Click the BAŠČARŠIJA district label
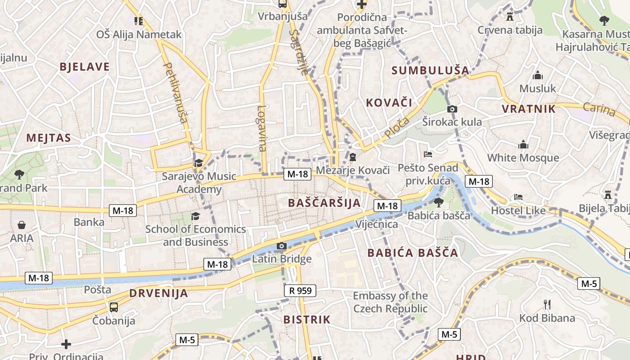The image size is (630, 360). tap(324, 203)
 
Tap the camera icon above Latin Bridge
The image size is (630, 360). tap(281, 246)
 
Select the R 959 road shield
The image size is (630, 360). tap(300, 291)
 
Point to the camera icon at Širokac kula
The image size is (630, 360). tap(452, 109)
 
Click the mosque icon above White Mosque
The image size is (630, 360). tap(523, 145)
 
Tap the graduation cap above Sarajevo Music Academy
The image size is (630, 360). tap(198, 163)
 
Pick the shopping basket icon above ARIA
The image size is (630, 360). tap(22, 225)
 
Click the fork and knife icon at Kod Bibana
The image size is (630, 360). tap(547, 305)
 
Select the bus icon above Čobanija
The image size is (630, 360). tap(114, 307)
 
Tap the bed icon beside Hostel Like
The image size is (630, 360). tap(518, 197)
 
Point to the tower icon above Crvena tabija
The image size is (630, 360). tap(510, 17)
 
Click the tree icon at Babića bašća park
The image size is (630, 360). tap(439, 202)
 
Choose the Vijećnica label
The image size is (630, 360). tap(377, 224)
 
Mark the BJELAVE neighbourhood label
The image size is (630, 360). tap(85, 67)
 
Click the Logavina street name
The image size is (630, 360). tap(262, 128)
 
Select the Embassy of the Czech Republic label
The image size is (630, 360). tap(390, 302)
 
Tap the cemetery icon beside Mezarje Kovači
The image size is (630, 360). tap(353, 157)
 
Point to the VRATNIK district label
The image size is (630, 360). tap(529, 109)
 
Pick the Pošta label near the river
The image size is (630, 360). tap(98, 289)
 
